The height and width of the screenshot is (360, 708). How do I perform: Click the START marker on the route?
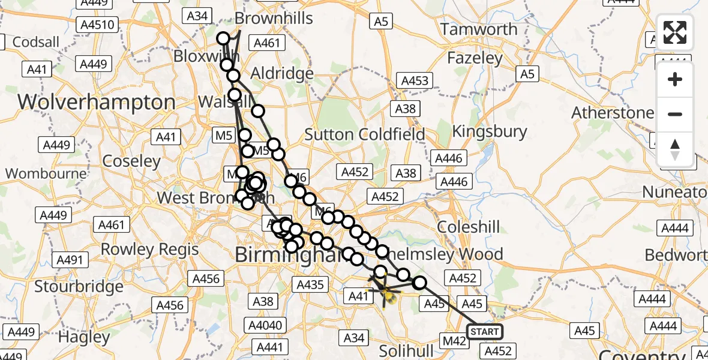click(x=484, y=331)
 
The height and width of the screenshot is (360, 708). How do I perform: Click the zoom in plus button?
click(x=675, y=80)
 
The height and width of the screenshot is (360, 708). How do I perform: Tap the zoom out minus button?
click(x=675, y=114)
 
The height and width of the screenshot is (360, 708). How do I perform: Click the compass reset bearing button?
click(x=675, y=149)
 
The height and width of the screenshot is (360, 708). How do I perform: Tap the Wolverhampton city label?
click(x=96, y=102)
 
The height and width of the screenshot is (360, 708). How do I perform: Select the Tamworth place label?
click(x=478, y=29)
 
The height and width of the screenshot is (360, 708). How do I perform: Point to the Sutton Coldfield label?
click(x=365, y=134)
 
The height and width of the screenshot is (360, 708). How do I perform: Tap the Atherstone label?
click(x=612, y=113)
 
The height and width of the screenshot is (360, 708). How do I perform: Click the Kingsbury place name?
click(x=490, y=131)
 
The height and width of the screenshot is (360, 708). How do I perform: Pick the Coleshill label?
click(x=469, y=227)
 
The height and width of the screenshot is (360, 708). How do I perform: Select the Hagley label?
click(x=84, y=337)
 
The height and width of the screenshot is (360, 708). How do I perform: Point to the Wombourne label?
click(x=46, y=174)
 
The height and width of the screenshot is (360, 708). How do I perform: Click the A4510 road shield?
click(x=98, y=25)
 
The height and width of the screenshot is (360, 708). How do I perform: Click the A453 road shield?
click(x=415, y=81)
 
